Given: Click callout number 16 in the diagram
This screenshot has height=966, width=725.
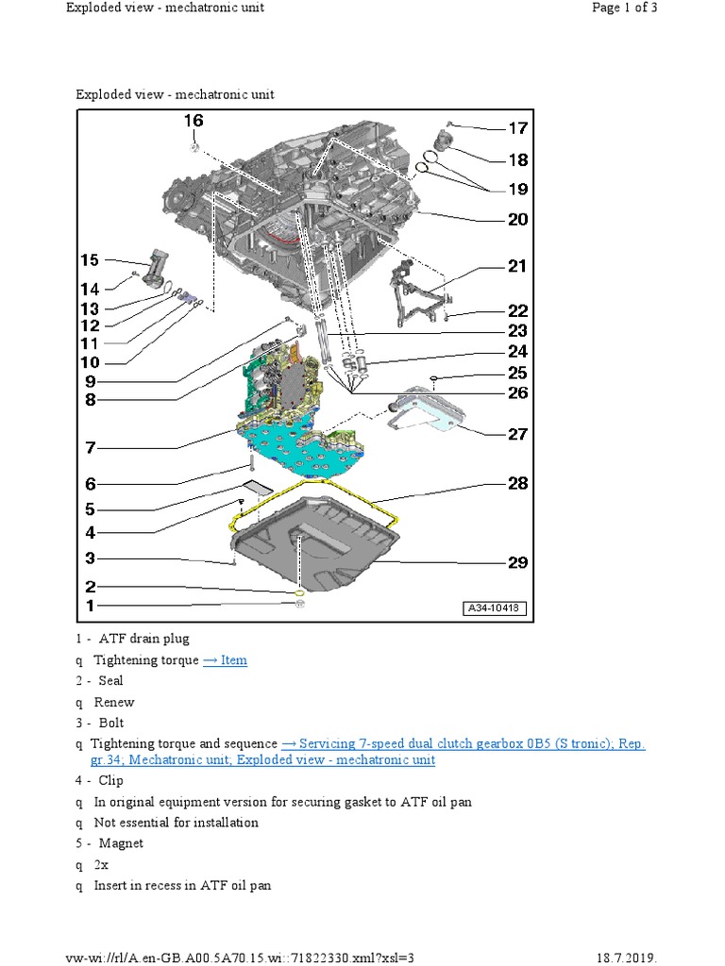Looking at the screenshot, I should coord(193,121).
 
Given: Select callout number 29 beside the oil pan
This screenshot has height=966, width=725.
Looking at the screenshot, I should coord(517,562).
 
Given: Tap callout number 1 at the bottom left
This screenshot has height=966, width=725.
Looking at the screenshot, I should coord(91,605).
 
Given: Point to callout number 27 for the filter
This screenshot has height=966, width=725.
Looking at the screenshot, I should coord(517,434).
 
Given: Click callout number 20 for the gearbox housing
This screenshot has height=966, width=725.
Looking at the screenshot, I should coord(517,220).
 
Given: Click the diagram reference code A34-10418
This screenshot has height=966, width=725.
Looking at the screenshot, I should coord(495,608).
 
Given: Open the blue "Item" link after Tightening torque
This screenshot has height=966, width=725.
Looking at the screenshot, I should coord(225,660).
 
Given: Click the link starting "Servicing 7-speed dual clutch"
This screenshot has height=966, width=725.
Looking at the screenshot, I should coord(463,744).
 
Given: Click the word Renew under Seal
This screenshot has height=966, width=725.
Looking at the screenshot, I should coord(114,702).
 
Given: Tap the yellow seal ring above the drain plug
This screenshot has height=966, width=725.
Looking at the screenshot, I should coord(298,590).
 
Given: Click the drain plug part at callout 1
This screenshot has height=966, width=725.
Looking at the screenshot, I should coord(298,604).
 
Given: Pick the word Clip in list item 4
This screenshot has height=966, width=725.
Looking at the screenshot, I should coord(111,780).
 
